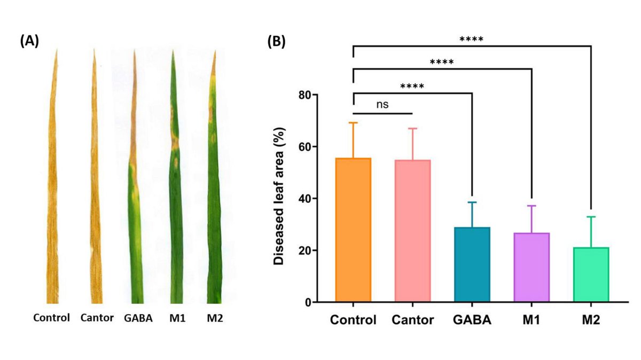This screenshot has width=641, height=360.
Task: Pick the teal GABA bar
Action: coord(472,265)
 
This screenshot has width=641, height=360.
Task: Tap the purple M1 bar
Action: coord(532,268)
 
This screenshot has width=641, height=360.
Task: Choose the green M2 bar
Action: coord(591,275)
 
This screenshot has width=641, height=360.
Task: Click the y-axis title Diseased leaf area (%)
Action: coord(278,198)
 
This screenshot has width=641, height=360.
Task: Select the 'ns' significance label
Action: coord(381,104)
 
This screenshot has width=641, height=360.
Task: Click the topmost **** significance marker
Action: coord(471,40)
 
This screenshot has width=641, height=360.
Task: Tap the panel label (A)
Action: coord(29,41)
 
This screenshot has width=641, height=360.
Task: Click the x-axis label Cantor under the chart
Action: coord(412,320)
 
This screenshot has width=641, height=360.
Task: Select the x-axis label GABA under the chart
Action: coord(472,320)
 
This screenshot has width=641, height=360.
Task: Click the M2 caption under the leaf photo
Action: coord(215,318)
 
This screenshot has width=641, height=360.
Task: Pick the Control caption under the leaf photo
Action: coord(52,318)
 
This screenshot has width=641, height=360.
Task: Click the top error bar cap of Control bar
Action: coord(353,123)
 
